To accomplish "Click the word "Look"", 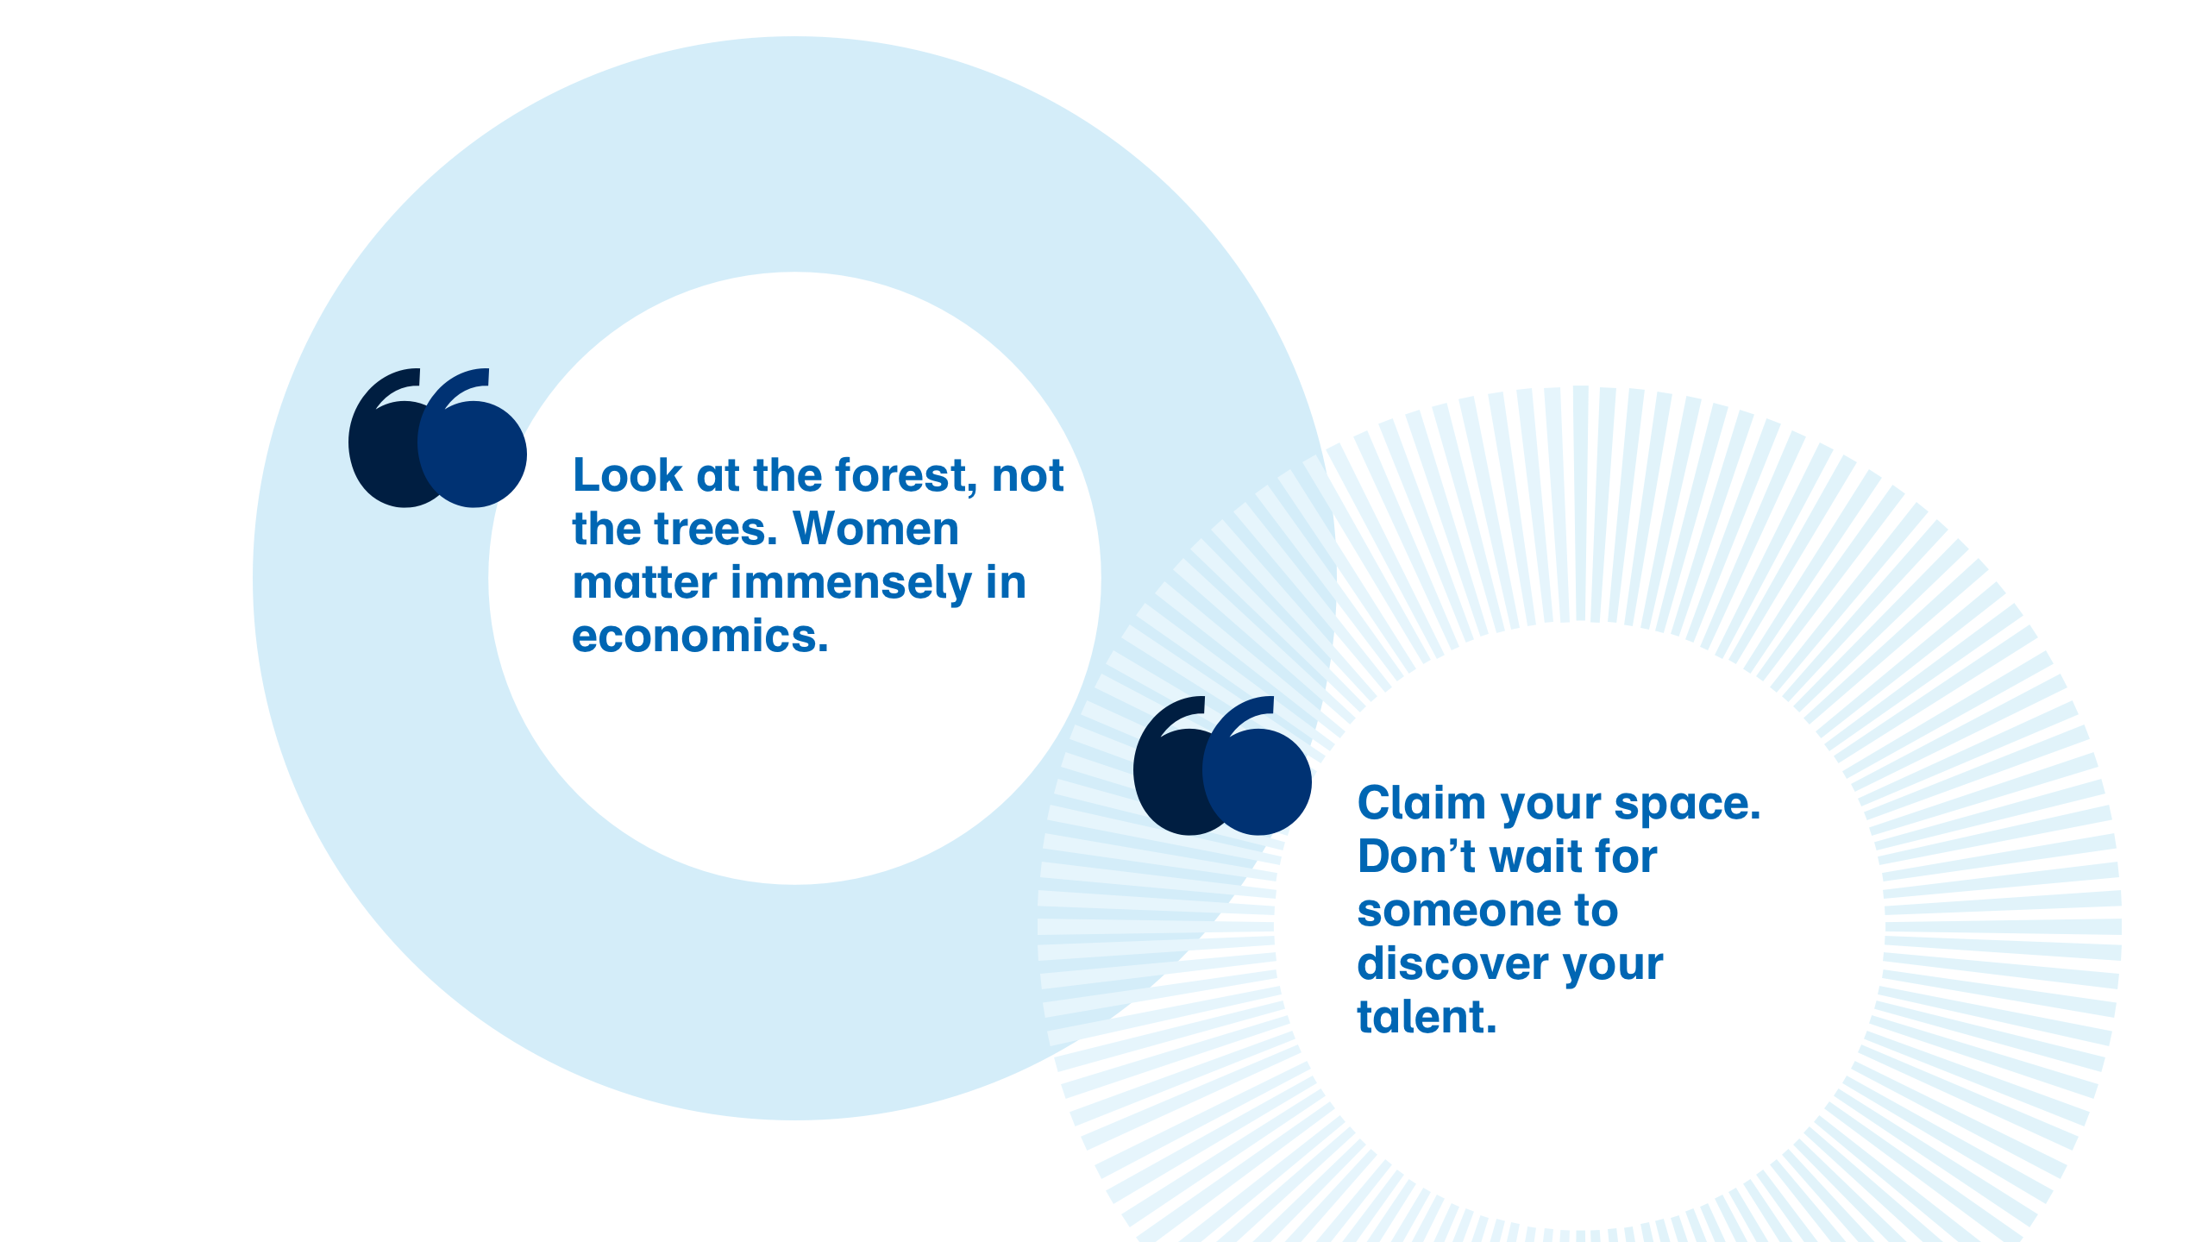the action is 628,475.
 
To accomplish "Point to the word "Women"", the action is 875,529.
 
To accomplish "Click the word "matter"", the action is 645,583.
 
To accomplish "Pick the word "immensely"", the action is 851,584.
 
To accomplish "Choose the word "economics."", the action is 700,637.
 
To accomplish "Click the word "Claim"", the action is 1422,803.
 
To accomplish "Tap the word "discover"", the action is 1453,963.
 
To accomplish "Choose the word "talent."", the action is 1427,1017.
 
